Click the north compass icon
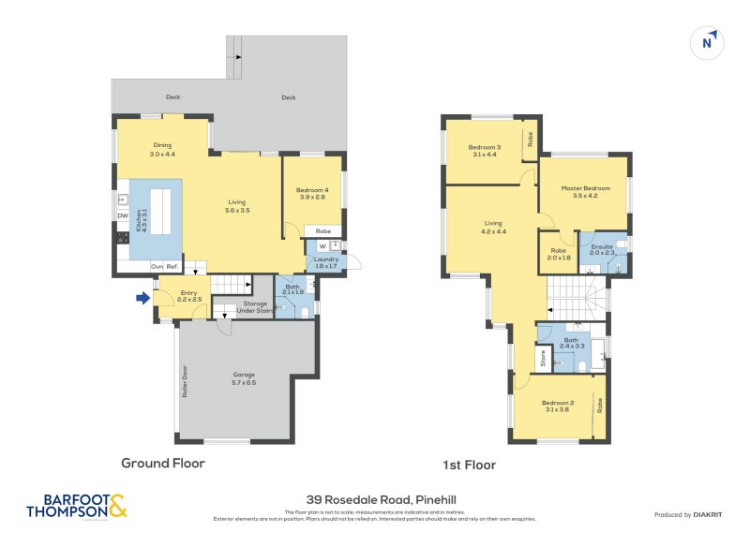click(710, 42)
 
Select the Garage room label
click(243, 378)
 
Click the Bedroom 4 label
click(313, 193)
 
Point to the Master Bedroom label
click(579, 192)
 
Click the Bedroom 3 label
click(485, 150)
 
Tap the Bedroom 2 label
click(557, 404)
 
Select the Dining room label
click(162, 149)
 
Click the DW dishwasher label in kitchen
click(123, 216)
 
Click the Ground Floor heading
click(162, 463)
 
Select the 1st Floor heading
click(470, 465)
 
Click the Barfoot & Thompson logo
click(76, 507)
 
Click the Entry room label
click(188, 295)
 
